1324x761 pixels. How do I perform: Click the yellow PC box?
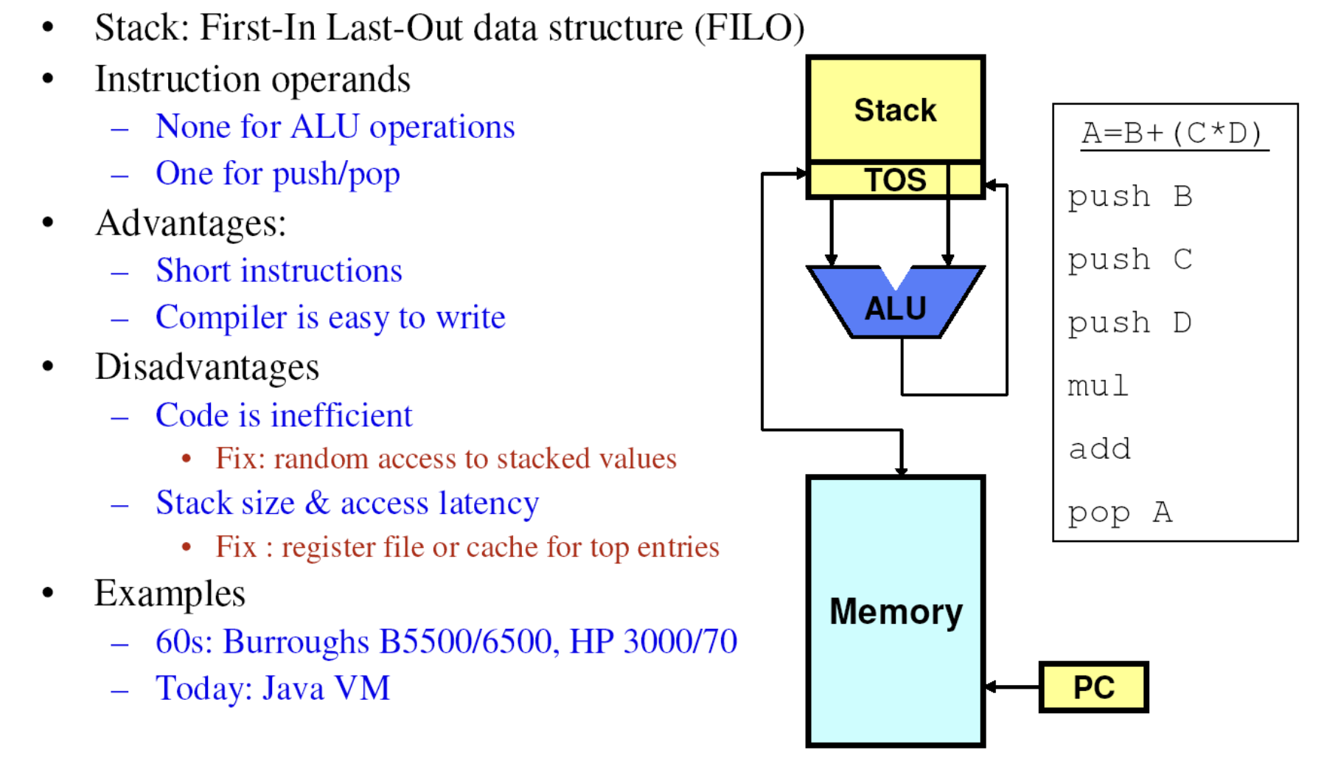point(1093,687)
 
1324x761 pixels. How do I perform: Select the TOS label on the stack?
point(895,180)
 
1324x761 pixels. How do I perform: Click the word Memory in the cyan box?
point(896,611)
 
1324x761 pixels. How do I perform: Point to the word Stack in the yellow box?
point(895,110)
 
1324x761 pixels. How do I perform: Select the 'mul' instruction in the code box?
point(1098,386)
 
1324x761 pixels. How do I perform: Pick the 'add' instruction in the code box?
point(1099,449)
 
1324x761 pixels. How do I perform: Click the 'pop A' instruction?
point(1120,512)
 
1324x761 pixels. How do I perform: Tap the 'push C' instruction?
point(1129,260)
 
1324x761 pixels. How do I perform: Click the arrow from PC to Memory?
point(1012,687)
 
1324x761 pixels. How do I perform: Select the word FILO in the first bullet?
point(749,28)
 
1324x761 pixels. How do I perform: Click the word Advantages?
point(190,223)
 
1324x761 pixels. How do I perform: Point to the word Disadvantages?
point(207,366)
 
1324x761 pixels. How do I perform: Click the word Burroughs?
point(296,642)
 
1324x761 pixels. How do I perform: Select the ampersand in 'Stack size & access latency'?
point(317,503)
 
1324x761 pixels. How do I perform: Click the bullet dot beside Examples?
point(49,593)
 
